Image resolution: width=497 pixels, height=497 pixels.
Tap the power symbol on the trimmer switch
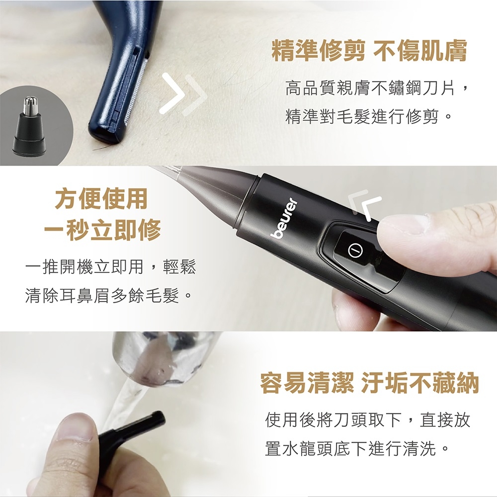point(355,250)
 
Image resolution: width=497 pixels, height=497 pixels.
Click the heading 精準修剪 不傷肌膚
point(369,51)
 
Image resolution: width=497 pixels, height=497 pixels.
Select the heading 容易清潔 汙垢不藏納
point(369,383)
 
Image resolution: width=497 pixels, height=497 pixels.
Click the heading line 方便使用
point(101,198)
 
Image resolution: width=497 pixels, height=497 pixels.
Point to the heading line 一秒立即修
point(101,230)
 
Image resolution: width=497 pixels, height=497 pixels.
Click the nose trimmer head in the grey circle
point(29,126)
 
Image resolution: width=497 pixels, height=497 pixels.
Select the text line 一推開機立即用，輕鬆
point(111,267)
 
